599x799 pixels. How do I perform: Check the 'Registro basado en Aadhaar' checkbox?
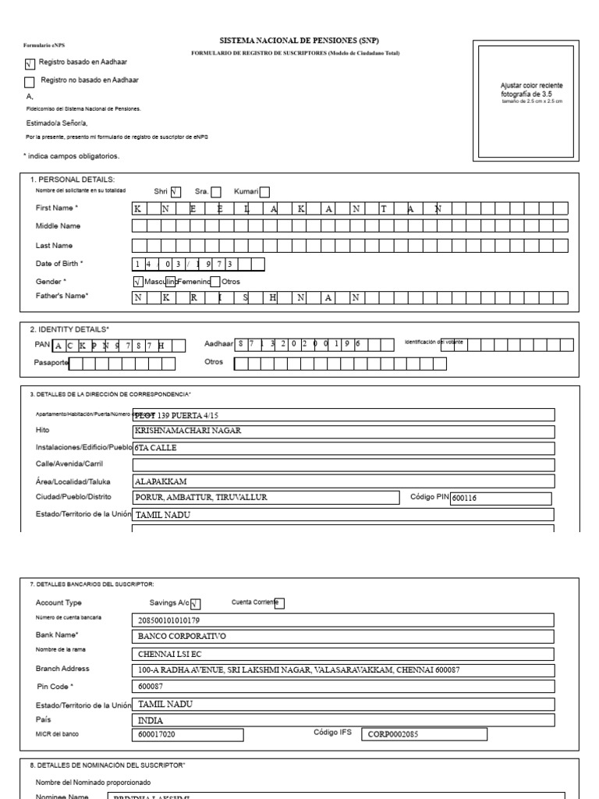[x=30, y=66]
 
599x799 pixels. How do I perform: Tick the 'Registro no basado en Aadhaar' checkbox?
[x=30, y=81]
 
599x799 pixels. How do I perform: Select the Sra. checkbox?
[x=216, y=193]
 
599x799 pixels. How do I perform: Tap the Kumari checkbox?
[x=264, y=193]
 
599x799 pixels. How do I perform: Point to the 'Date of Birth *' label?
[x=60, y=264]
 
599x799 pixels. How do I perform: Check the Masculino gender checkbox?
[x=138, y=281]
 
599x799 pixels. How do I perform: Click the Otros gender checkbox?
[x=215, y=281]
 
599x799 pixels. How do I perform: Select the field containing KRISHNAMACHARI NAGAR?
[x=343, y=431]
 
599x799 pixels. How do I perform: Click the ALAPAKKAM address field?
[x=343, y=481]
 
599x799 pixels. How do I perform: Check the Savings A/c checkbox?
[x=196, y=603]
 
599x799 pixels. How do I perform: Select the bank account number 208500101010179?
[x=343, y=620]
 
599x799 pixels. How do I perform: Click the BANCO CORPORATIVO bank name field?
[x=343, y=636]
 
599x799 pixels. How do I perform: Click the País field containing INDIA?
[x=343, y=721]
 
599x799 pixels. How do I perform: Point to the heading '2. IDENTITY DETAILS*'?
[x=69, y=329]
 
